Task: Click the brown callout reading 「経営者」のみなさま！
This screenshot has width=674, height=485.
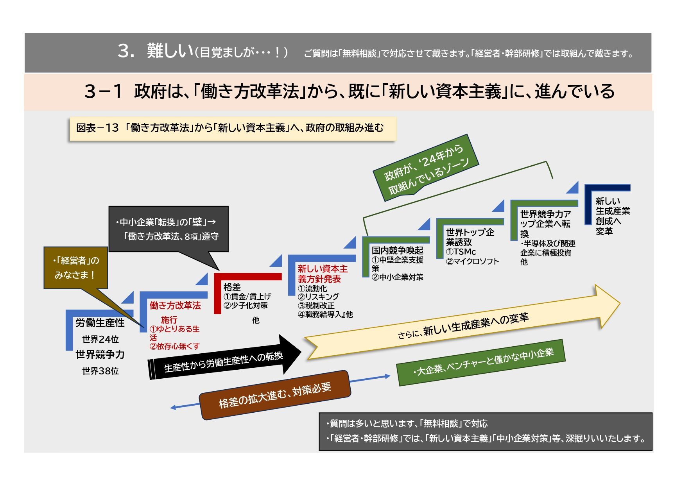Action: [x=75, y=268]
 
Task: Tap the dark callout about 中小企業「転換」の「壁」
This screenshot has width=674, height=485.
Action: [x=168, y=229]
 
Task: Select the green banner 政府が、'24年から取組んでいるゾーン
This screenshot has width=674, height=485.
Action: [x=425, y=167]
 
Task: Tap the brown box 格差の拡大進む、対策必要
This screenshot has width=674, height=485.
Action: [x=275, y=395]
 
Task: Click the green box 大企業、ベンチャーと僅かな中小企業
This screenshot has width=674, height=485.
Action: [x=481, y=362]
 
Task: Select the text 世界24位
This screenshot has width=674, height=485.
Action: [x=100, y=339]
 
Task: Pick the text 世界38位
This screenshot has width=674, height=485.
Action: [x=100, y=371]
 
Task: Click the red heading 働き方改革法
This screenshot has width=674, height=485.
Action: [x=175, y=306]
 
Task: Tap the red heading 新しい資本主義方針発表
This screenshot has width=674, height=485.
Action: [x=323, y=274]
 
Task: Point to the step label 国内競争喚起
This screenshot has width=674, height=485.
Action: [x=397, y=250]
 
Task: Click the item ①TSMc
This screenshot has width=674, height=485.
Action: [x=461, y=252]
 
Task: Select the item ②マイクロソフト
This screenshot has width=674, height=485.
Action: [x=472, y=261]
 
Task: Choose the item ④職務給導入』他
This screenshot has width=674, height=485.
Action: [x=325, y=314]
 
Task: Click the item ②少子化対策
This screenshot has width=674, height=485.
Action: [x=246, y=305]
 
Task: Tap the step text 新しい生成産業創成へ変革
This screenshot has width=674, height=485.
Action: [x=613, y=216]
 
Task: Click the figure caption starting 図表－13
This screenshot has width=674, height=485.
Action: [x=230, y=128]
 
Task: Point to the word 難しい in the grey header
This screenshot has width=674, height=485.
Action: [x=170, y=51]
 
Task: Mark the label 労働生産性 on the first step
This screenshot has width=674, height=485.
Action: [x=100, y=323]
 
